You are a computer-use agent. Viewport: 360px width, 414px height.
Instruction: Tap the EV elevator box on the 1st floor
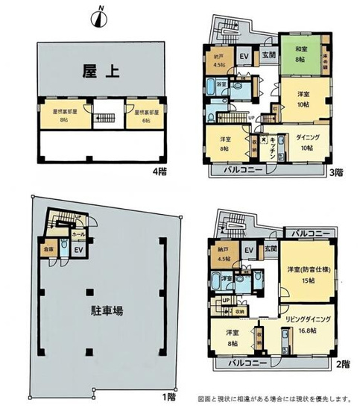[x=75, y=251]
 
